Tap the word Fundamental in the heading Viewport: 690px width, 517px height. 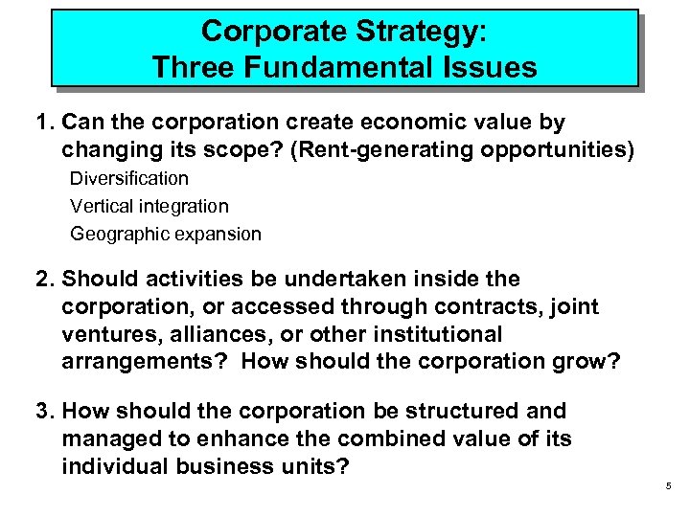click(315, 68)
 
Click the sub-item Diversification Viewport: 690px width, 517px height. click(129, 178)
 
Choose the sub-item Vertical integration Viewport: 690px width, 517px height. click(149, 206)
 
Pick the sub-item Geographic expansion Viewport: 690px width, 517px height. click(165, 234)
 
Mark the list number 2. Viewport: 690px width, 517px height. click(42, 280)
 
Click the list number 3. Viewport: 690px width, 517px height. click(42, 412)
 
